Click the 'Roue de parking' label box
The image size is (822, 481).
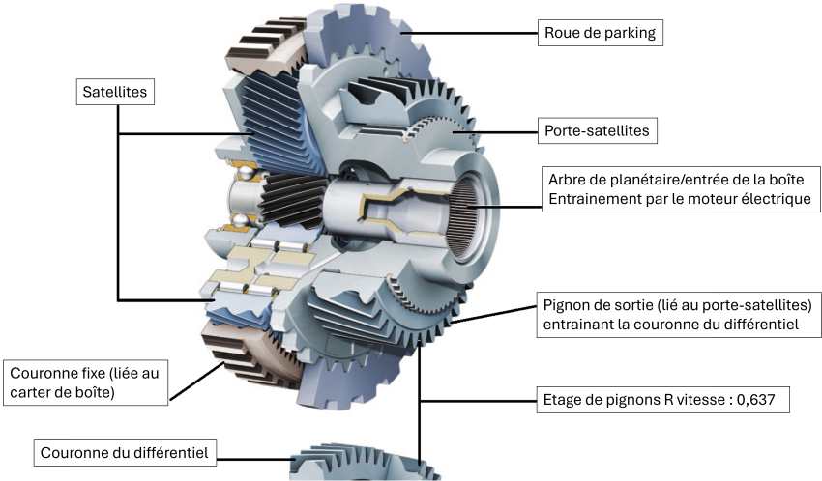[x=600, y=33]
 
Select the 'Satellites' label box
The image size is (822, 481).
[x=115, y=92]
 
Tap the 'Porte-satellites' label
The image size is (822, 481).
[x=596, y=130]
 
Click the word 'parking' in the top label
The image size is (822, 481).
[x=629, y=33]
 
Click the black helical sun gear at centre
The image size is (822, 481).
[x=290, y=202]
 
